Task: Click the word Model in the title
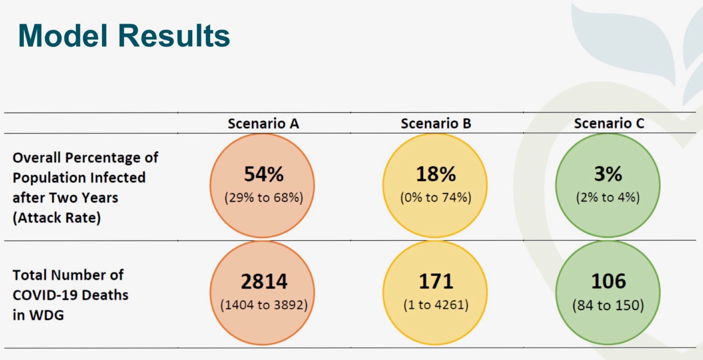pyautogui.click(x=63, y=36)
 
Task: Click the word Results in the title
pyautogui.click(x=174, y=36)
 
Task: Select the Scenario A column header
pyautogui.click(x=263, y=123)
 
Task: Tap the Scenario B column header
pyautogui.click(x=436, y=123)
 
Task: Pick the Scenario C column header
pyautogui.click(x=609, y=123)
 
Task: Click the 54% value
pyautogui.click(x=263, y=174)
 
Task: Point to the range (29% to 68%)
pyautogui.click(x=263, y=197)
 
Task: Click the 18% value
pyautogui.click(x=436, y=174)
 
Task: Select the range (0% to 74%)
pyautogui.click(x=436, y=197)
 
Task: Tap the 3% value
pyautogui.click(x=608, y=174)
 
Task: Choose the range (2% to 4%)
pyautogui.click(x=608, y=197)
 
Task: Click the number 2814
pyautogui.click(x=264, y=281)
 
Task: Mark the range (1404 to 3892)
pyautogui.click(x=264, y=305)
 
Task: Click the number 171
pyautogui.click(x=436, y=281)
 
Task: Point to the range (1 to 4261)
pyautogui.click(x=436, y=305)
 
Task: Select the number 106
pyautogui.click(x=608, y=281)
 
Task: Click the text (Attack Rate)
pyautogui.click(x=57, y=218)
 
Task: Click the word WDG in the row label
pyautogui.click(x=47, y=315)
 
